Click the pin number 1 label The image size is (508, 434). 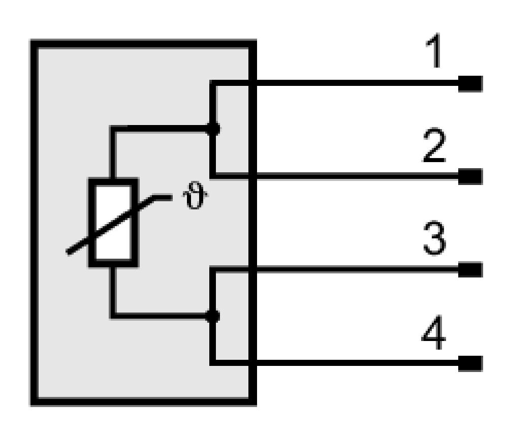pyautogui.click(x=434, y=51)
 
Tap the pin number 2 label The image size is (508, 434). pyautogui.click(x=435, y=145)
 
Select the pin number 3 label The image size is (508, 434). pyautogui.click(x=435, y=238)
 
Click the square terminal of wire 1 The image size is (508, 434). pyautogui.click(x=470, y=84)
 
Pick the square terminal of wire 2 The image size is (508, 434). pyautogui.click(x=470, y=177)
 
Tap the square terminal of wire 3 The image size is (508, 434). pyautogui.click(x=470, y=270)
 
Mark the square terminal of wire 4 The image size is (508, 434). pyautogui.click(x=470, y=363)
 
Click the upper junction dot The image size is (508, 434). pyautogui.click(x=213, y=129)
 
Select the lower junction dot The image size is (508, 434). pyautogui.click(x=213, y=316)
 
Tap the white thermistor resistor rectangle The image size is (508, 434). pyautogui.click(x=113, y=223)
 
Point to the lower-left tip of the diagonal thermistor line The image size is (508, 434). pyautogui.click(x=68, y=253)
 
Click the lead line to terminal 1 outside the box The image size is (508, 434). pyautogui.click(x=357, y=83)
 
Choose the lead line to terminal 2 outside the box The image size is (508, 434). pyautogui.click(x=357, y=176)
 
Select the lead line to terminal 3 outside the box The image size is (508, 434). pyautogui.click(x=357, y=269)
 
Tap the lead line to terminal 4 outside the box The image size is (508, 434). pyautogui.click(x=357, y=363)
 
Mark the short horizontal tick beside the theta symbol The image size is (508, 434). pyautogui.click(x=162, y=197)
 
